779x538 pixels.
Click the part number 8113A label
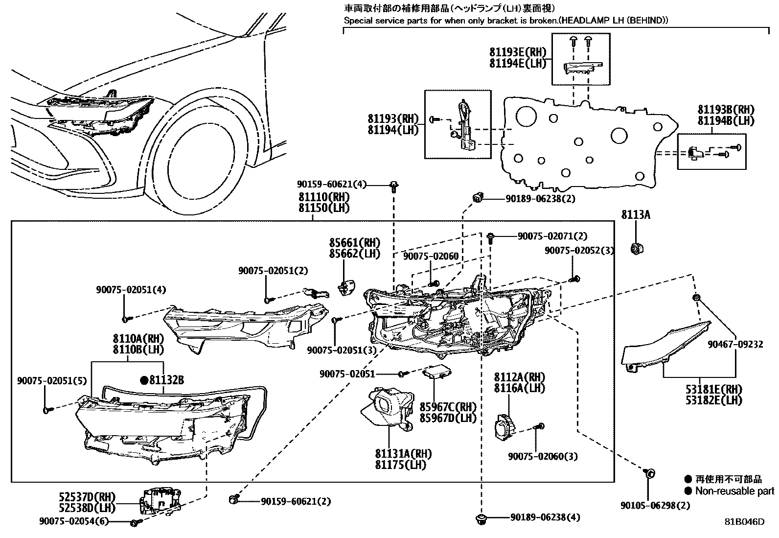[636, 214]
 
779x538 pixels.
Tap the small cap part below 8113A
[637, 249]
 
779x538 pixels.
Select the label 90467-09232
[735, 345]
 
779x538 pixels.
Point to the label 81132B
[166, 380]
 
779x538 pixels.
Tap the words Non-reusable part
[734, 491]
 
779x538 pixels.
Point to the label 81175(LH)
[400, 465]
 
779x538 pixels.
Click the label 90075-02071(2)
[552, 236]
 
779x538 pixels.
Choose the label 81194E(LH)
[517, 63]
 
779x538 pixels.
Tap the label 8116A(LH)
[519, 388]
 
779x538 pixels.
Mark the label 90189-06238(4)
[545, 517]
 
